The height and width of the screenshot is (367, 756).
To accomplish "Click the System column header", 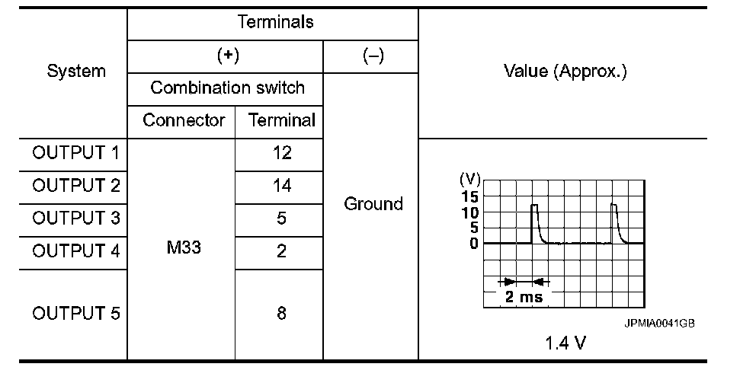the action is tap(76, 72).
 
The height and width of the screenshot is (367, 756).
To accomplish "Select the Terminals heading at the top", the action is tap(275, 22).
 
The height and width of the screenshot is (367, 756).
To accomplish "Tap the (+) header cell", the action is tap(226, 57).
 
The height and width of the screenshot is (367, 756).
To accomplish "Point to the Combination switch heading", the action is tap(227, 88).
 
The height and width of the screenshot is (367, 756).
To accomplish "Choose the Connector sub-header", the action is tap(184, 120).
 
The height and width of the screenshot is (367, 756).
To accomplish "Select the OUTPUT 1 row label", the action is tap(76, 153).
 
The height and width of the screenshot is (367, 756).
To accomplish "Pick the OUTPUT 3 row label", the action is tap(76, 219).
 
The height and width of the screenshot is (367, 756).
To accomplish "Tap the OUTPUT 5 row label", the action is tap(76, 314).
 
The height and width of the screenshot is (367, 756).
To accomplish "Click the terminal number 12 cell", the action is tap(281, 153).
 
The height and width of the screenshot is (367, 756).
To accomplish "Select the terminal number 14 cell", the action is tap(281, 186).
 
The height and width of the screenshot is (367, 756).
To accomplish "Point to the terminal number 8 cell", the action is tap(281, 314).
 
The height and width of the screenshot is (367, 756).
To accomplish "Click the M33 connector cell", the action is tap(183, 248).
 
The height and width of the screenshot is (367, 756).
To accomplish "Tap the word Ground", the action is tap(373, 203).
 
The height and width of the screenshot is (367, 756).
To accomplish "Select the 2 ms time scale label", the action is tap(524, 297).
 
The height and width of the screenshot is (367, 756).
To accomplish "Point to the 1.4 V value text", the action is tap(565, 343).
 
